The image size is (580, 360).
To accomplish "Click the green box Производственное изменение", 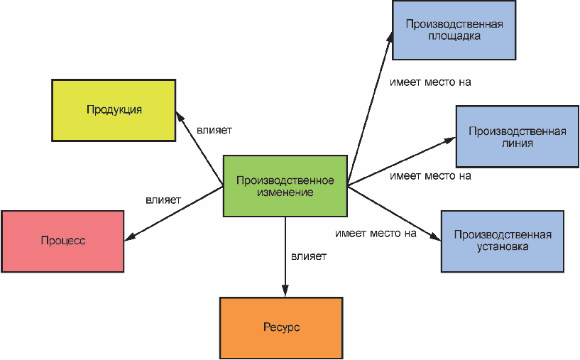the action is (285, 186).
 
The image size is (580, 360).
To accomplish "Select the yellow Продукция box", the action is (114, 110).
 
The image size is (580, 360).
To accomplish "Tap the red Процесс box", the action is (62, 241).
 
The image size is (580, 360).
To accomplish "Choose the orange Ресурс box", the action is (281, 328).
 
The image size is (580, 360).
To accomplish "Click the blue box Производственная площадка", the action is (454, 30).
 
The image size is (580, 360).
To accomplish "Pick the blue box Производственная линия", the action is (518, 136).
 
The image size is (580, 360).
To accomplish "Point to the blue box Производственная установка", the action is (503, 241).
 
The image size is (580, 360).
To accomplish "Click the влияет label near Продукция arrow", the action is (214, 130).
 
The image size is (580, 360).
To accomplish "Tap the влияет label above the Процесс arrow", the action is (163, 200).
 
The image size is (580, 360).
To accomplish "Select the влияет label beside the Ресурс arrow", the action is (309, 256).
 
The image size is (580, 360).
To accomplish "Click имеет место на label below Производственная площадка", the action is (430, 82).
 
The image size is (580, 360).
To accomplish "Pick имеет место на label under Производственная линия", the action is (430, 176).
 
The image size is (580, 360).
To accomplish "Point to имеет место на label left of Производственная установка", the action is (376, 234).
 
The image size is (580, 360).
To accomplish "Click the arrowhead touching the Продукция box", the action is (180, 117).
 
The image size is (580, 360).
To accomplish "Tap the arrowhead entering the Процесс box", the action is (130, 236).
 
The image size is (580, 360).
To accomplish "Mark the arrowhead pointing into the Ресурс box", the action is (285, 291).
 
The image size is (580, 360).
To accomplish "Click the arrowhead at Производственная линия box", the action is (450, 140).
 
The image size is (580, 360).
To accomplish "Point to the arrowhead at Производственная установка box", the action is (435, 236).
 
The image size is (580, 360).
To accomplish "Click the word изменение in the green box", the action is (285, 192).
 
